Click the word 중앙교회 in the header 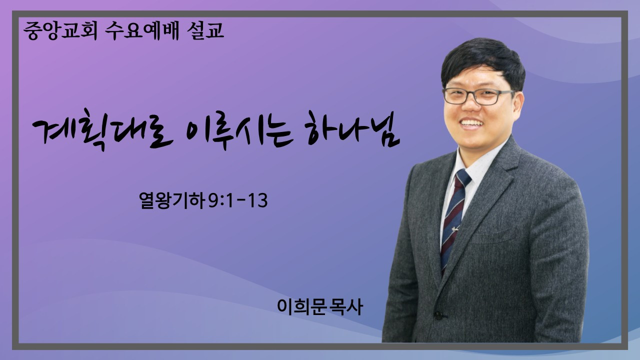click(x=60, y=30)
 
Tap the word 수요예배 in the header click(x=142, y=30)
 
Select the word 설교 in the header click(x=205, y=30)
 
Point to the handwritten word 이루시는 click(x=239, y=131)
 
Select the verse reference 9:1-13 click(x=238, y=200)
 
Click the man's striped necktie click(x=455, y=220)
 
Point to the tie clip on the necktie click(x=455, y=228)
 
